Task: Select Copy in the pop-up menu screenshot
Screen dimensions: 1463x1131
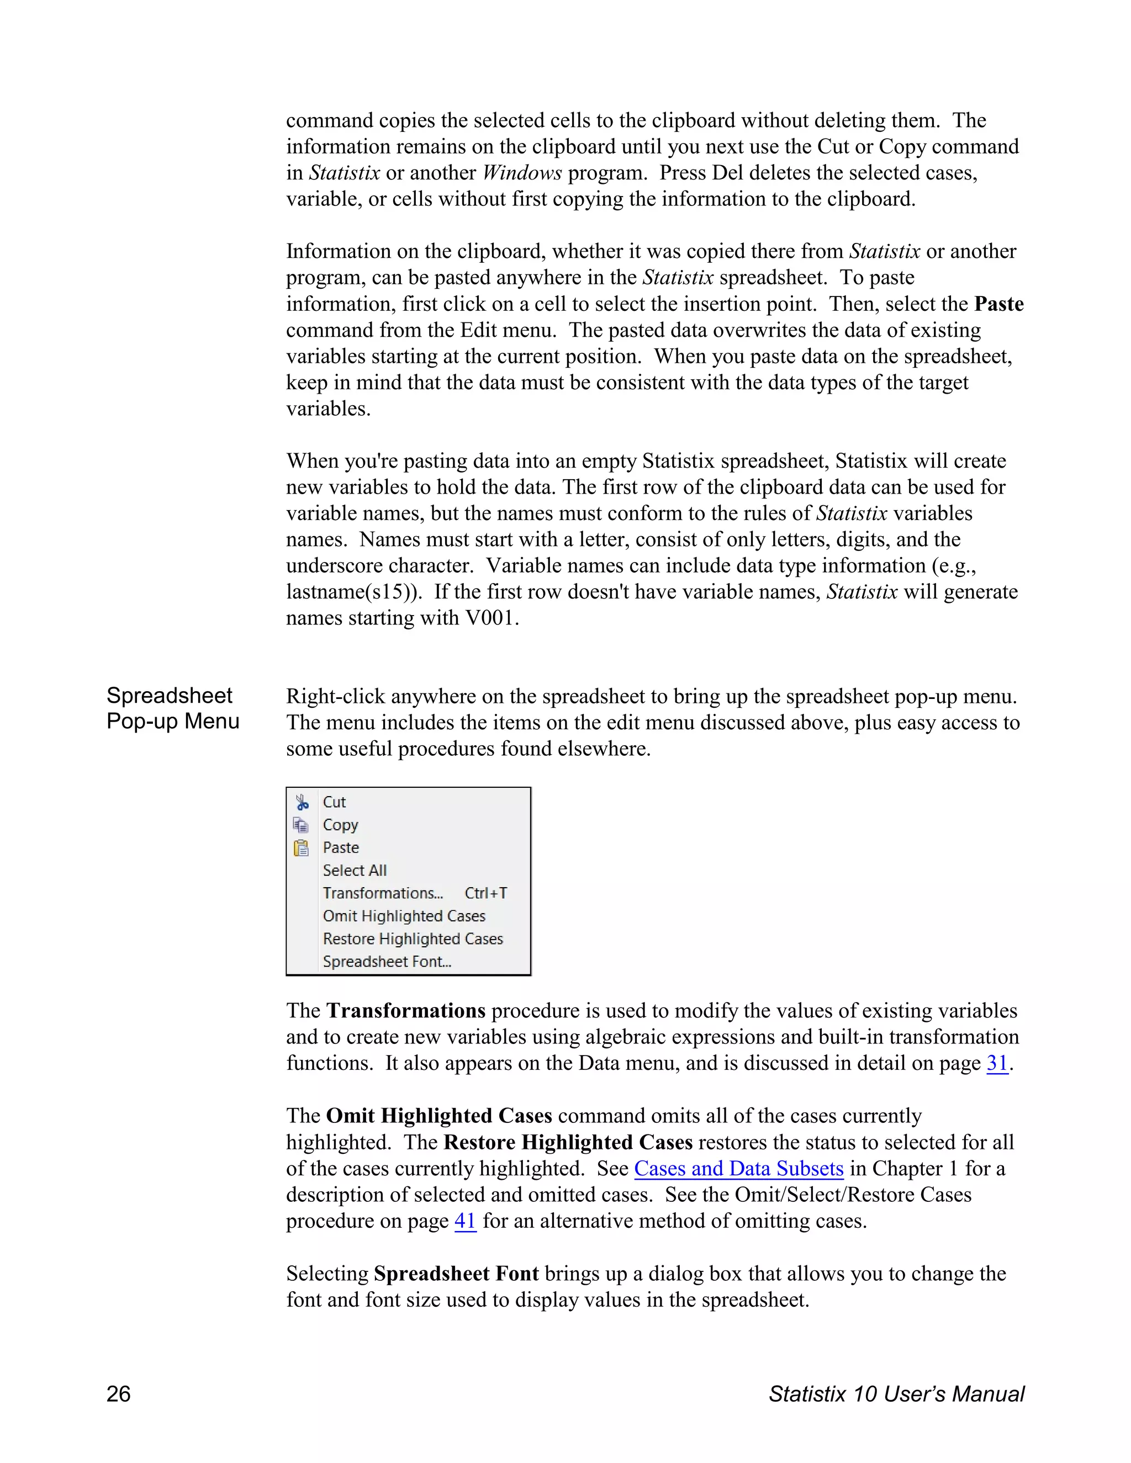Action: point(340,825)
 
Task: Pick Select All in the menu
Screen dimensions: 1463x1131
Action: point(355,870)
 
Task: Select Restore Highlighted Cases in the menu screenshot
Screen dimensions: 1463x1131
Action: point(412,939)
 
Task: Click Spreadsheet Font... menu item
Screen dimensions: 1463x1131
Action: point(387,961)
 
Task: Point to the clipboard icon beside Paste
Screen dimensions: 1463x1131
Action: point(302,848)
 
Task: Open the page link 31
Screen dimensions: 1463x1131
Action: point(997,1063)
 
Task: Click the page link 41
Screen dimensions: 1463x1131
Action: point(465,1221)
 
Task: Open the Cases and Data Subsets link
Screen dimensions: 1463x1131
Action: point(738,1168)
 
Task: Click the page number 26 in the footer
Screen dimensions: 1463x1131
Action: point(119,1393)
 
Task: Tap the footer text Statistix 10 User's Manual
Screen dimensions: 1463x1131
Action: point(896,1393)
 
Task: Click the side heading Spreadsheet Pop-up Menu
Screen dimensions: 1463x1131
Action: point(172,708)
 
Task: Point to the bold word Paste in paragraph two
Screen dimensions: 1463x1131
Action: point(998,304)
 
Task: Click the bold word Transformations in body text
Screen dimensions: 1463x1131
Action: point(405,1010)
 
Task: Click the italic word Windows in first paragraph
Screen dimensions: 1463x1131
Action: point(522,173)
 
